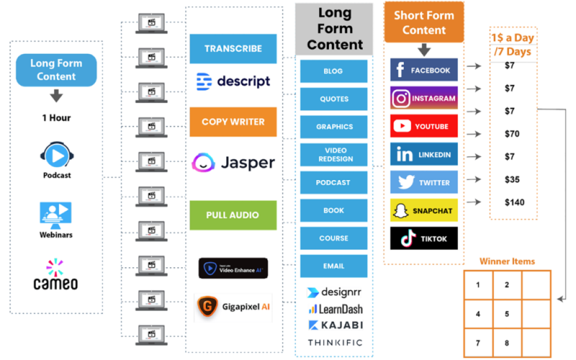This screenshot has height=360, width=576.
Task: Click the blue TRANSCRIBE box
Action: pos(233,49)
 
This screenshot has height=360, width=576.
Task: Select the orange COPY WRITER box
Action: pos(233,122)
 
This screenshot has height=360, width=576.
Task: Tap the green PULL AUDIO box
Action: pos(233,215)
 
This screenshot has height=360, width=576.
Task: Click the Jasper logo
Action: pos(233,163)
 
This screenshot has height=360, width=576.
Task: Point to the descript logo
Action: pos(233,81)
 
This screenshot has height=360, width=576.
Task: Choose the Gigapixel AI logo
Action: pos(233,308)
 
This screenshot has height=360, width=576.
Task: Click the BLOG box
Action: pos(333,71)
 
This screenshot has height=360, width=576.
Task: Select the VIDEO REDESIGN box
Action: pos(333,155)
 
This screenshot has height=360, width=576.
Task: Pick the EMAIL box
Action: pos(333,266)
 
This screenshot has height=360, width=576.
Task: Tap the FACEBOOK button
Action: pos(424,70)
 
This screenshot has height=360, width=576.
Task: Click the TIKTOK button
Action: pos(424,238)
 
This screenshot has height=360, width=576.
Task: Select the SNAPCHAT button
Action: pos(424,210)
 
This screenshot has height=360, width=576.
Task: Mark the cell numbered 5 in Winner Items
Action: pos(507,314)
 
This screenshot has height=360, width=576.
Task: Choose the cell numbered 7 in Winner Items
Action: pos(478,343)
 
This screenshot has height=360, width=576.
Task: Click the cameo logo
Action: pos(56,275)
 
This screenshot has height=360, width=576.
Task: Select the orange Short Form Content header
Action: pos(424,23)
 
